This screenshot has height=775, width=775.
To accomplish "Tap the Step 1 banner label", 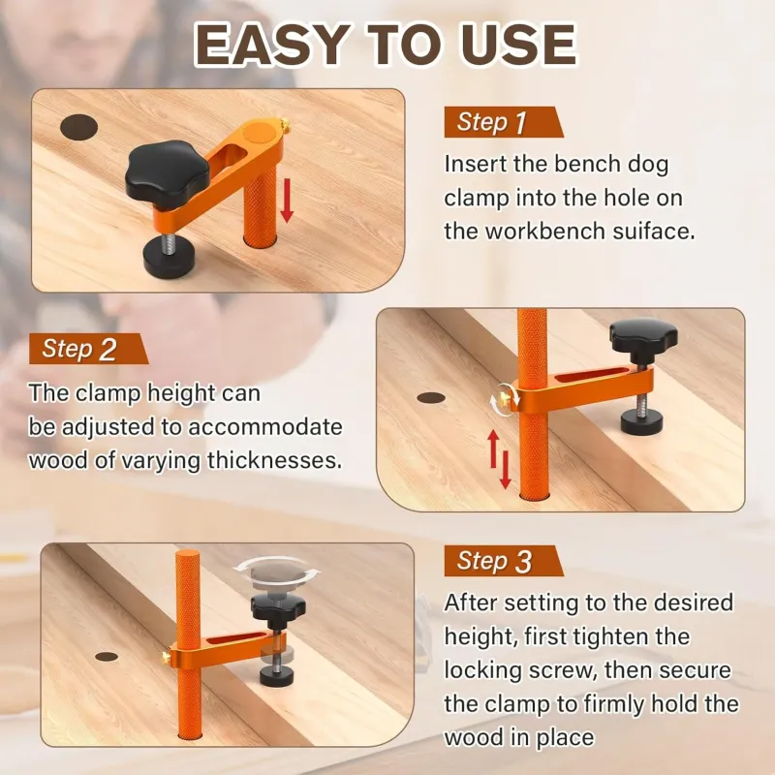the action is (x=503, y=122).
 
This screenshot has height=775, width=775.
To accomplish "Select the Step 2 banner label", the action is (x=88, y=349).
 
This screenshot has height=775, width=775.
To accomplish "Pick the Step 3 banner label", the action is (x=503, y=561).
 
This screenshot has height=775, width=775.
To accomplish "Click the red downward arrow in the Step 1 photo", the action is (x=287, y=201).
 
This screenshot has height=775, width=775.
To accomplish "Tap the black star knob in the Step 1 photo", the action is (x=167, y=168).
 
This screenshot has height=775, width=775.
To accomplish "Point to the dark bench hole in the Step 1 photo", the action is (x=78, y=128).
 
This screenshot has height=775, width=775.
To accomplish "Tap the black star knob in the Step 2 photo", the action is (x=643, y=334).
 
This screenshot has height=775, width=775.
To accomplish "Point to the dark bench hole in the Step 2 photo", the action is (x=431, y=398).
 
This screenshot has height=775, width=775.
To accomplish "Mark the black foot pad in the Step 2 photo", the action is (x=642, y=420).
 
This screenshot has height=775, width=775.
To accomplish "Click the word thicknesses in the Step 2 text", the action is (x=274, y=460).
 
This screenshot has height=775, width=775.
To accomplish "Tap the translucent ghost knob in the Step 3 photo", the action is (x=277, y=575).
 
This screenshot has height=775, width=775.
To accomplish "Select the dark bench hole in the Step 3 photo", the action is (x=107, y=657).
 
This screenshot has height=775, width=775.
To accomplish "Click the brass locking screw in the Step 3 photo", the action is (x=167, y=657).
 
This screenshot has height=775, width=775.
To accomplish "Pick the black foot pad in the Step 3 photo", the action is (x=277, y=675).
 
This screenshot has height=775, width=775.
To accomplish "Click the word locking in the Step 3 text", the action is (x=482, y=670).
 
